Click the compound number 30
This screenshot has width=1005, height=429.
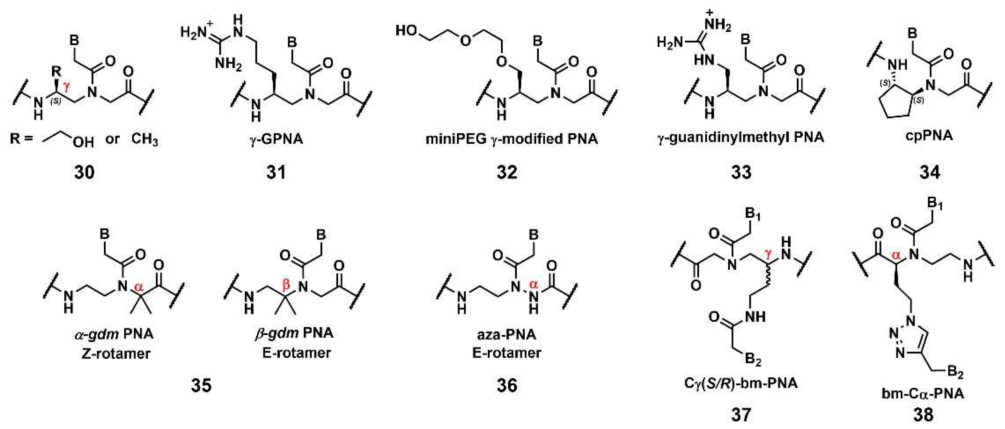(x=84, y=172)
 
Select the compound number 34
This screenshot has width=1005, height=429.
(x=930, y=172)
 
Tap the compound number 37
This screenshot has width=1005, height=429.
(x=741, y=414)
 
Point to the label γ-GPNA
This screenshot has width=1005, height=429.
(x=276, y=139)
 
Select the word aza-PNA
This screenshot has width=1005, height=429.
(x=506, y=335)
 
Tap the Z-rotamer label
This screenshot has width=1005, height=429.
(x=116, y=354)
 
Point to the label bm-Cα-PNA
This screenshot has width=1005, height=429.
(x=923, y=393)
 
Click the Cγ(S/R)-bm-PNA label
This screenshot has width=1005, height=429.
(x=741, y=383)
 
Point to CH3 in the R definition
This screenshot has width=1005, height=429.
(x=144, y=139)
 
